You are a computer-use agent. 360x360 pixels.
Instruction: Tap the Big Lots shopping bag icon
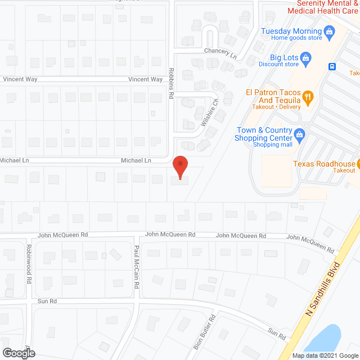click(305, 57)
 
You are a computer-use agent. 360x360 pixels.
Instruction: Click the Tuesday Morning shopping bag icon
click(330, 31)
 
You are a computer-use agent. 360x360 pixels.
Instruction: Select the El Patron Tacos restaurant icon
click(308, 96)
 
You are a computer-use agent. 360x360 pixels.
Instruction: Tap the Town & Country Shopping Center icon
click(300, 134)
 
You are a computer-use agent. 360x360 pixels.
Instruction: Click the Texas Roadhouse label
click(324, 164)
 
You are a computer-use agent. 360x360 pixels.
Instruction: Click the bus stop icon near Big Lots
click(332, 66)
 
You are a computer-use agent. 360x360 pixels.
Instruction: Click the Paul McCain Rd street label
click(136, 267)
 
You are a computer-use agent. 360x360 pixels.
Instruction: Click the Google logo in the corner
click(18, 353)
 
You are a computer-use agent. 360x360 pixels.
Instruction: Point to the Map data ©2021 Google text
click(325, 355)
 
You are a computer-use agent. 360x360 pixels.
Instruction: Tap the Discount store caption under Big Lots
click(278, 64)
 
